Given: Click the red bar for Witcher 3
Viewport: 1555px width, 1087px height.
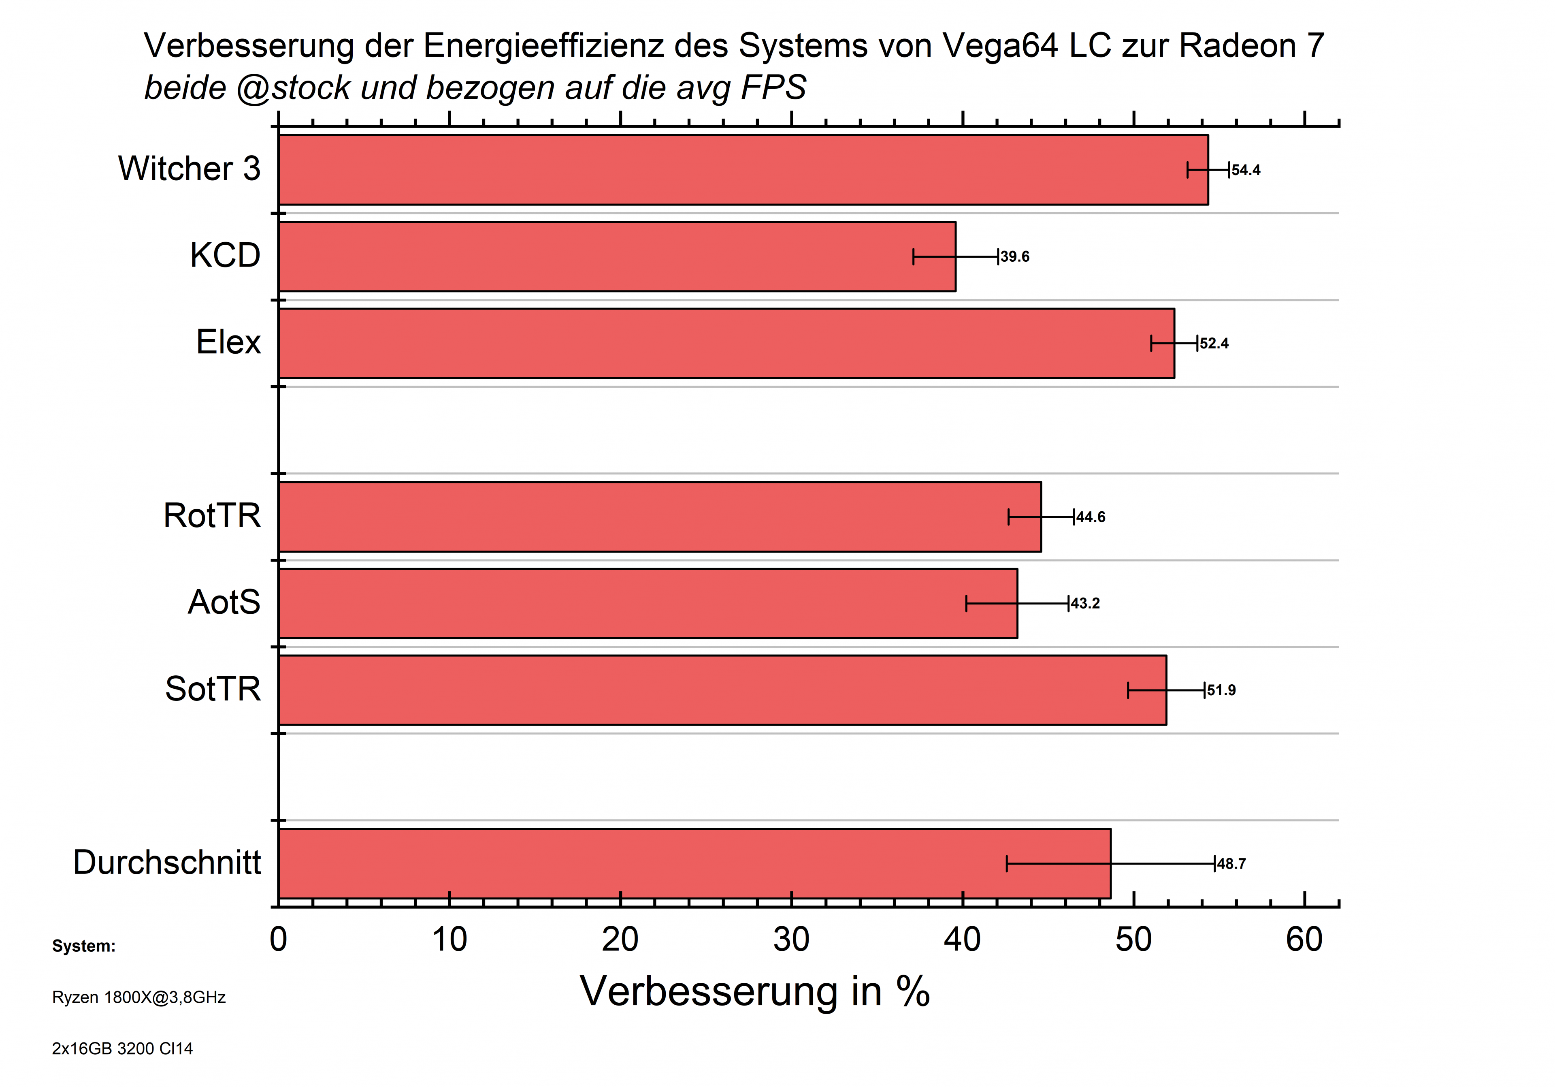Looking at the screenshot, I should [743, 170].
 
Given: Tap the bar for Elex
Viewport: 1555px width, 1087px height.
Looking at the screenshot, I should [726, 344].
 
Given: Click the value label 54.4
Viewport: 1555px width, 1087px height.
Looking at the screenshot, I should [1246, 170].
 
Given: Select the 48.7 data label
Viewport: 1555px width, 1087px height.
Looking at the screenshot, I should [1231, 864].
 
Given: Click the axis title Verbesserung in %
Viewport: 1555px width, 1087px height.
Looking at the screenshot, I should [754, 992].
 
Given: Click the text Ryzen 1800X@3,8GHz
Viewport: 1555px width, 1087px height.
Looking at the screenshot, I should [139, 997].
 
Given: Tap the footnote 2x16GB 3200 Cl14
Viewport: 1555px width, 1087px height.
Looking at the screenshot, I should [123, 1049].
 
